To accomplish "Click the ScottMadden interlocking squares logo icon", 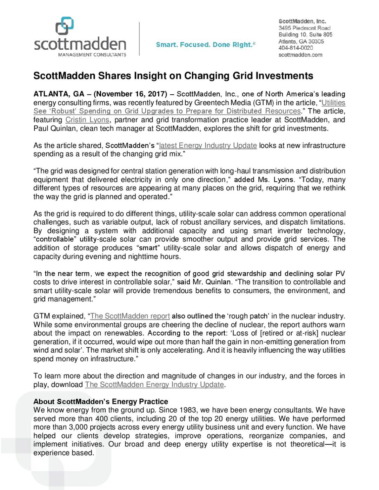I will [65, 26].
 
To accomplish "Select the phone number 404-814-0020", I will [295, 48].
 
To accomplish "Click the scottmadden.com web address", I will [300, 55].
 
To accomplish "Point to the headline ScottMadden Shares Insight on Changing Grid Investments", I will [173, 76].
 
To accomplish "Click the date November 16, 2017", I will [131, 94].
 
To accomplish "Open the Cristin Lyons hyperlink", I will [87, 120].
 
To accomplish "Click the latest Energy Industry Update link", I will [208, 145].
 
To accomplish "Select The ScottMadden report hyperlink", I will [130, 316].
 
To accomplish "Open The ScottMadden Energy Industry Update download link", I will [154, 384].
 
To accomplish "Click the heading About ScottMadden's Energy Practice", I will [101, 401].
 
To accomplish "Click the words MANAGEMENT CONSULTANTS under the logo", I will [92, 55].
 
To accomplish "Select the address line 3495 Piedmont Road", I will [304, 28].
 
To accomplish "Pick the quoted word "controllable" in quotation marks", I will [55, 239].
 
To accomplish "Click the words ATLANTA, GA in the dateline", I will [59, 94].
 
